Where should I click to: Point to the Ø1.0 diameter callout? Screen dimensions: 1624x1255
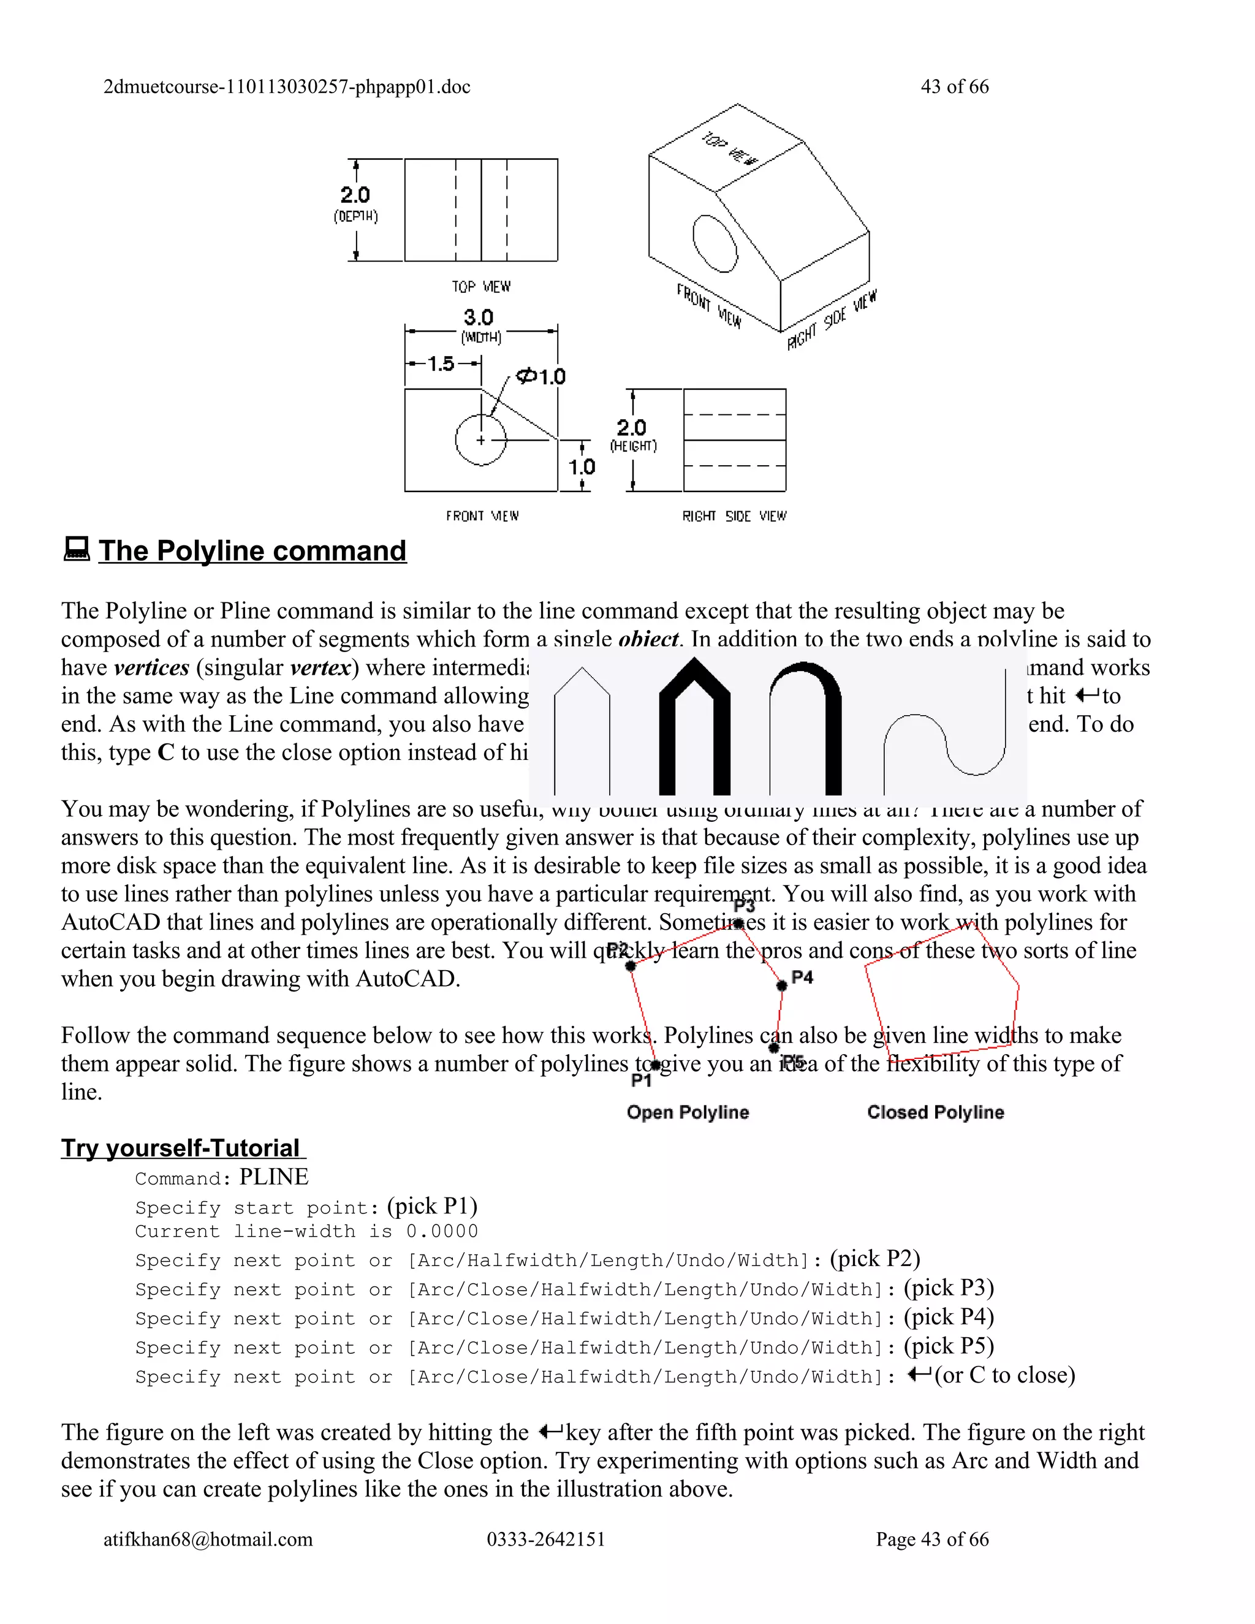(541, 376)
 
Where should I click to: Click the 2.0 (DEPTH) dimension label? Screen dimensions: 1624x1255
(355, 202)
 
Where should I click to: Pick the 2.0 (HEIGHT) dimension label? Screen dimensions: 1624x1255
(632, 434)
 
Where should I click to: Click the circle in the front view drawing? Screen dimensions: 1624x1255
(481, 440)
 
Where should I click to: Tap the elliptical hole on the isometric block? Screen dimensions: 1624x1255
(715, 244)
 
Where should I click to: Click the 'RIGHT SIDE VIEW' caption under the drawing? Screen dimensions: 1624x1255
(734, 516)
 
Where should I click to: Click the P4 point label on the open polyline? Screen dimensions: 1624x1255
(802, 977)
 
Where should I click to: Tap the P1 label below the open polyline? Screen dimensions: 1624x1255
(641, 1080)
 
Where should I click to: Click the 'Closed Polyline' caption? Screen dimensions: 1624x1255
(935, 1112)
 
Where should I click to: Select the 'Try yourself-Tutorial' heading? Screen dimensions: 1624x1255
(181, 1148)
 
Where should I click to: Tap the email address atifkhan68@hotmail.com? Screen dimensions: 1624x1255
(208, 1539)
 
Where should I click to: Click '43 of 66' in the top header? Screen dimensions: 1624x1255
(955, 87)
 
